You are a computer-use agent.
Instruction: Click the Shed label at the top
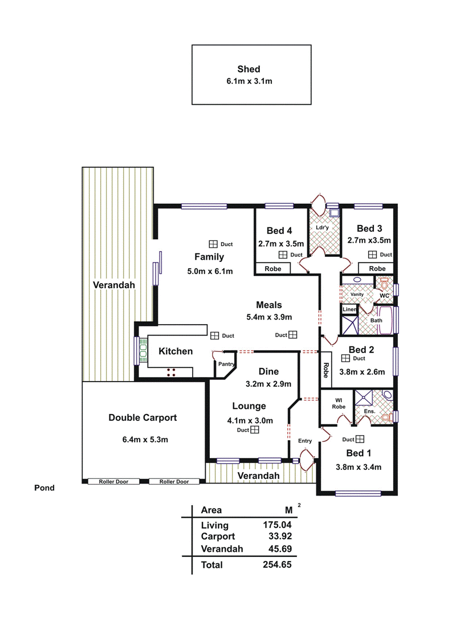coord(249,69)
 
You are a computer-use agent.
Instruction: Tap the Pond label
coord(44,488)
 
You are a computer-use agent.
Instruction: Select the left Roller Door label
coord(113,482)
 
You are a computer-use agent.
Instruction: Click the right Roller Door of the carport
coord(174,482)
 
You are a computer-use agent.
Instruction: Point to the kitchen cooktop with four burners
coord(172,372)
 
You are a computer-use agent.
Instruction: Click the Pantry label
coord(226,364)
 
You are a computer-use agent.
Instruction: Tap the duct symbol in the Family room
coord(213,244)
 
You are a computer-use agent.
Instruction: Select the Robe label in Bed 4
coord(273,269)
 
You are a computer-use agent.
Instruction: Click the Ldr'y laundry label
coord(322,228)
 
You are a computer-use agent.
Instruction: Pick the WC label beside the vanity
coord(384,296)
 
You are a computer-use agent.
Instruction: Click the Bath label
coord(376,321)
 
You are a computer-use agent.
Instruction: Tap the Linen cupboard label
coord(349,309)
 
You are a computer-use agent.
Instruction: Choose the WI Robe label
coord(339,403)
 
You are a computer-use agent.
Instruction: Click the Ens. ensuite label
coord(369,412)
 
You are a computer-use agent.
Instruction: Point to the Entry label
coord(305,441)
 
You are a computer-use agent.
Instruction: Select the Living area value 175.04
coord(277,525)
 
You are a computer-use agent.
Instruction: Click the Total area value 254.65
coord(277,565)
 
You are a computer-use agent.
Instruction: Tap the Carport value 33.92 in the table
coord(280,536)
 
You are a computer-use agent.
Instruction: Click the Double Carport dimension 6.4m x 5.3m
coord(145,440)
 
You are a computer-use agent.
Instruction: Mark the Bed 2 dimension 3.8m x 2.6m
coord(363,372)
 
